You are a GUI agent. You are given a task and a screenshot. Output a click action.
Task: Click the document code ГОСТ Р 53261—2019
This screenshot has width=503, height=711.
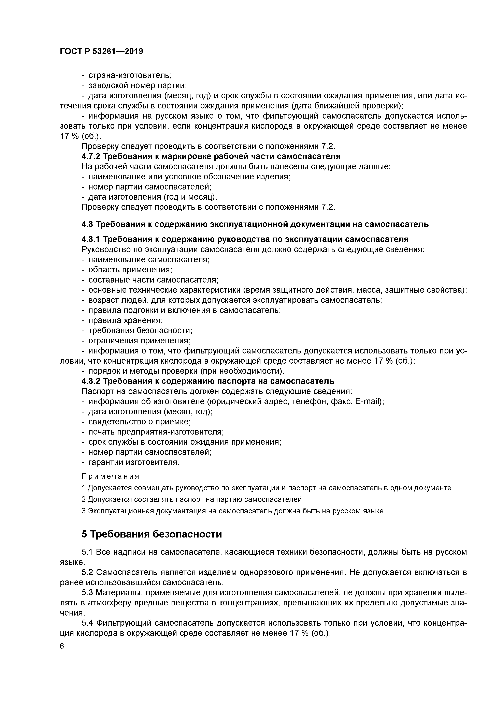[101, 51]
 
